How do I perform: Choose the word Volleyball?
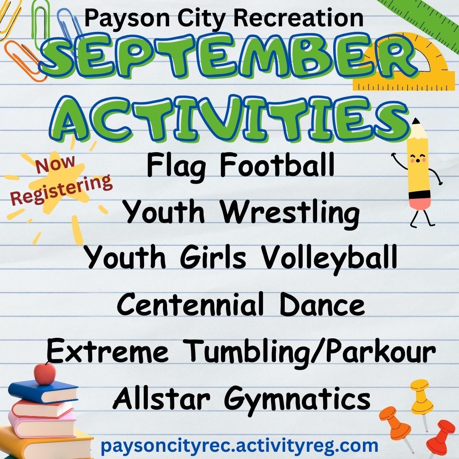point(329,258)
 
